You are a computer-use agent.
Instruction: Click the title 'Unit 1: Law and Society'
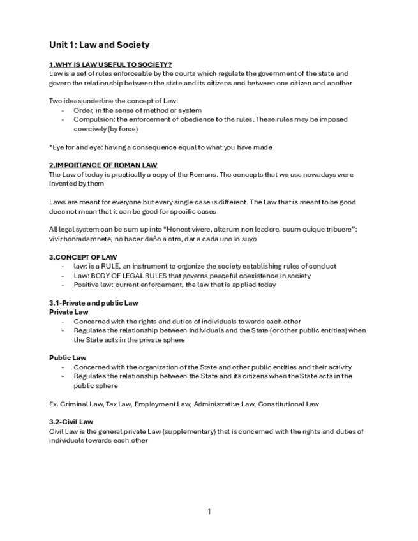point(99,45)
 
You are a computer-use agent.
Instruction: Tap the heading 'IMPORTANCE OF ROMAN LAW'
point(105,165)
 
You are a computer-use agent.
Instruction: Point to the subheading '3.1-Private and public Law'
point(93,303)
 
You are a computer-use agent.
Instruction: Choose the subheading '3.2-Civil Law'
point(71,422)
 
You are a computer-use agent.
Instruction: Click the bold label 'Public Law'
point(68,358)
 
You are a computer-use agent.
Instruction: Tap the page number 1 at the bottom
point(209,512)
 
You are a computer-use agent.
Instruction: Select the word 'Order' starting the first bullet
point(82,110)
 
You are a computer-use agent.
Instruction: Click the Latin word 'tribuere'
point(336,229)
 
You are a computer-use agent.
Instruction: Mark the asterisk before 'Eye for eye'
point(50,147)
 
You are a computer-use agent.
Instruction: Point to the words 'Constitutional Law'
point(288,404)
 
